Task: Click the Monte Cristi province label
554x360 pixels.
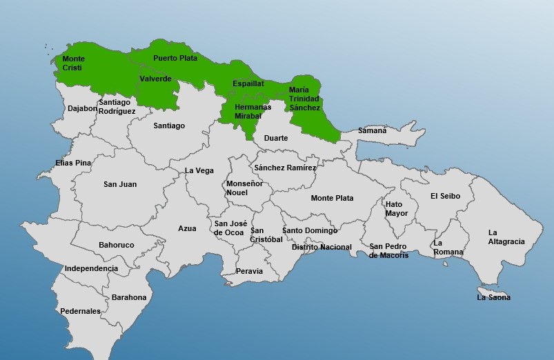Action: pos(73,63)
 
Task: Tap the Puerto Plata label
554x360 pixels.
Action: pos(175,58)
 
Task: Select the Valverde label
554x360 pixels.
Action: pos(155,79)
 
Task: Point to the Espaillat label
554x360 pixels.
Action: pos(248,83)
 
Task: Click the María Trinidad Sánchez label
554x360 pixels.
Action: pos(304,99)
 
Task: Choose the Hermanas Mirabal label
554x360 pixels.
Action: pos(253,111)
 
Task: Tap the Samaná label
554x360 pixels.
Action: pos(373,130)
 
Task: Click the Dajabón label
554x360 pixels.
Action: pos(82,108)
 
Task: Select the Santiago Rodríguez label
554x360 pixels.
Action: pos(117,107)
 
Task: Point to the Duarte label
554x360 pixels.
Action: pos(276,138)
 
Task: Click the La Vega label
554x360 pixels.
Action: pos(199,170)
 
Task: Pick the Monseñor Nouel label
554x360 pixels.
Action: pos(244,188)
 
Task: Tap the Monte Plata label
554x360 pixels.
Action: pos(332,198)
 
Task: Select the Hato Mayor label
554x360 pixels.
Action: pos(396,209)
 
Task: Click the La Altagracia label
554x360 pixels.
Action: pos(506,237)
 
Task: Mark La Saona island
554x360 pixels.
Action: pos(494,297)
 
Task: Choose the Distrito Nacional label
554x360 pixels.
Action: pos(321,247)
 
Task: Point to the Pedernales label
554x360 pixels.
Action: pos(80,311)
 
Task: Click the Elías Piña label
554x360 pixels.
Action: pos(73,163)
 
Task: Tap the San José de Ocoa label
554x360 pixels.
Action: pos(230,228)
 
